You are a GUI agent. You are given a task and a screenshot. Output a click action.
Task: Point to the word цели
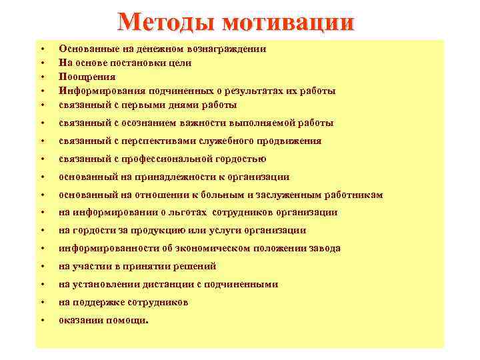pos(181,63)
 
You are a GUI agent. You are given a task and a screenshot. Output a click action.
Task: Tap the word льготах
pos(187,213)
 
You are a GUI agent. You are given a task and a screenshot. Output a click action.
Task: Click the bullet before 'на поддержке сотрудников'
pos(43,303)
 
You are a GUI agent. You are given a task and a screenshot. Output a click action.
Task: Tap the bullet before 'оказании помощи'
pos(43,321)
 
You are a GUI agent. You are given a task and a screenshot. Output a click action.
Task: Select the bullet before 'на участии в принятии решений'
pos(43,267)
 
